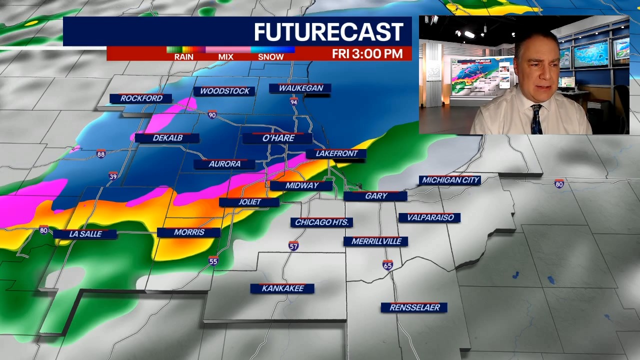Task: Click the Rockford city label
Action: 141,98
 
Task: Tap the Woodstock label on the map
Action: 224,91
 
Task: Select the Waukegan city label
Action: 300,88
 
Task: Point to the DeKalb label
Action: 167,138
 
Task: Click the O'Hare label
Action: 278,138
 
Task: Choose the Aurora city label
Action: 224,164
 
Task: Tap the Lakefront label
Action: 336,153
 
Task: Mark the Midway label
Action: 301,185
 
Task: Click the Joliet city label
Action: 249,202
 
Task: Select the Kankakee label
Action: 282,288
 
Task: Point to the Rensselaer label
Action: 414,307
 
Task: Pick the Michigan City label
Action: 450,180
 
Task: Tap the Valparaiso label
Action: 430,217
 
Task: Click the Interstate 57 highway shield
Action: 293,246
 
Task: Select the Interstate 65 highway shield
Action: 387,265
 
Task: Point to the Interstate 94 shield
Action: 294,101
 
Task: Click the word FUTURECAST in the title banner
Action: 328,32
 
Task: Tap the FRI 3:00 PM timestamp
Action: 367,54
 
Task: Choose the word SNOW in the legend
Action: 270,57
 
